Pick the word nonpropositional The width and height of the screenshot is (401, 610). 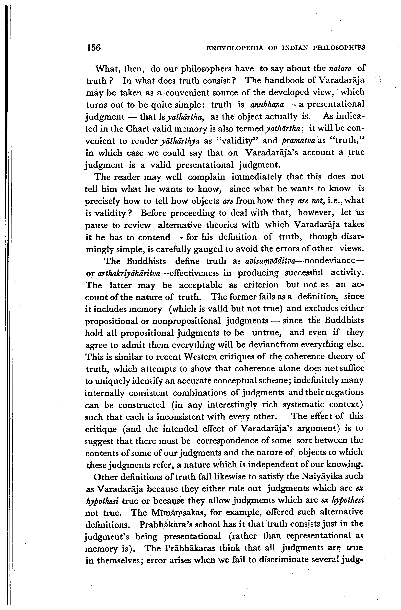click(x=187, y=321)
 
